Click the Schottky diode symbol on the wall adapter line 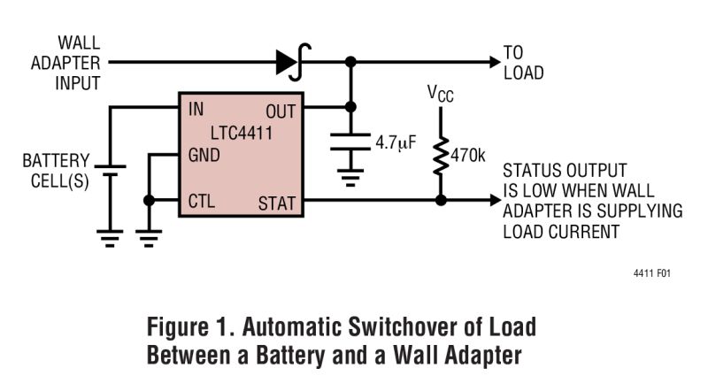pyautogui.click(x=289, y=62)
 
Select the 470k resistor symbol pyautogui.click(x=440, y=158)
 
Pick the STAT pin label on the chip pyautogui.click(x=277, y=203)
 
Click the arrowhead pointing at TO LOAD pyautogui.click(x=492, y=62)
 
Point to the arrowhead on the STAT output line pyautogui.click(x=492, y=201)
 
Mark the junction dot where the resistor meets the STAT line pyautogui.click(x=440, y=201)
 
